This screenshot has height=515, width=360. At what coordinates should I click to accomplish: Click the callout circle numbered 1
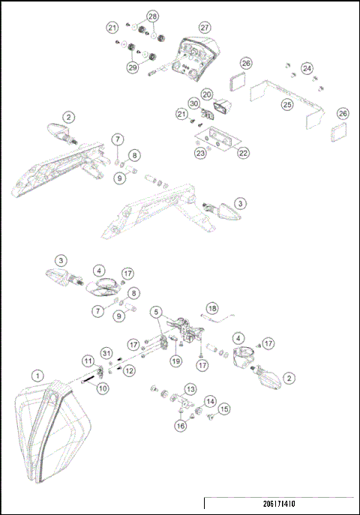(x=36, y=374)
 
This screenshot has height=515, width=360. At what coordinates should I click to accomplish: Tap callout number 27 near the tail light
(x=205, y=25)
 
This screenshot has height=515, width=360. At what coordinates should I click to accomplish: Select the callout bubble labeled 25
(x=287, y=106)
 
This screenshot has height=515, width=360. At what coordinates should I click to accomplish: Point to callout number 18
(x=211, y=308)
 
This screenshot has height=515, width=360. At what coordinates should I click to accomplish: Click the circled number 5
(x=156, y=311)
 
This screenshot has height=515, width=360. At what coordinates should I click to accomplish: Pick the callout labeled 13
(x=190, y=389)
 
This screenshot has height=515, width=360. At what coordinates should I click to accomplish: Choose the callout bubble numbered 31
(x=106, y=354)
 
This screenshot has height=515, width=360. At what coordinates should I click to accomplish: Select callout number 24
(x=307, y=68)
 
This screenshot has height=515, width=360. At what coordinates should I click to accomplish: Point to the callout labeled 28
(x=152, y=16)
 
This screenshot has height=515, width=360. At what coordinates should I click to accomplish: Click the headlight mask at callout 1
(x=52, y=435)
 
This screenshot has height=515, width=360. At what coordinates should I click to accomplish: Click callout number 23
(x=200, y=153)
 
